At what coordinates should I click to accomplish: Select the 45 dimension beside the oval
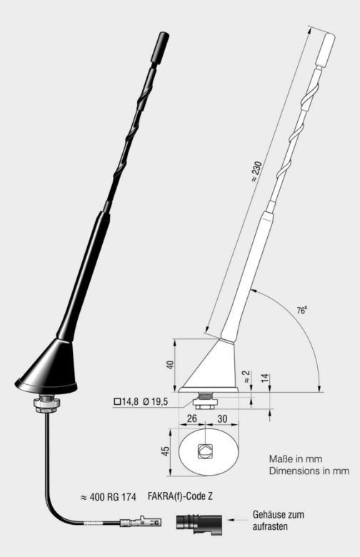click(164, 452)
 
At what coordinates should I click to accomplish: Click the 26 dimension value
click(191, 419)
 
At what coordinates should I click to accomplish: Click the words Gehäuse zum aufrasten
click(279, 518)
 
